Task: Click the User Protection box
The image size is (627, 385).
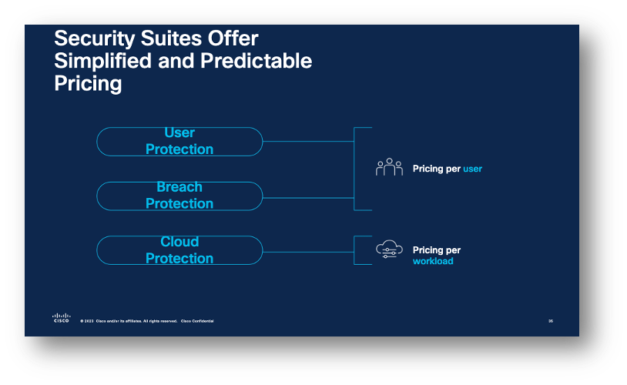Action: tap(179, 142)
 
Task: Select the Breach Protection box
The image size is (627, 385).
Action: tap(179, 196)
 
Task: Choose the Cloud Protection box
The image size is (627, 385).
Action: tap(179, 250)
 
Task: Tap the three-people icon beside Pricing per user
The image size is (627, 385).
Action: tap(389, 167)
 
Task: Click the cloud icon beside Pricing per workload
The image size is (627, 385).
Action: tap(389, 249)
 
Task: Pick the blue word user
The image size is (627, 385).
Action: tap(472, 169)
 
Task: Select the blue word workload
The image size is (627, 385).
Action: tap(433, 261)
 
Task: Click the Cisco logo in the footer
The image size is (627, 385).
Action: tap(61, 318)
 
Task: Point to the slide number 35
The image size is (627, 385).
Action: tap(551, 320)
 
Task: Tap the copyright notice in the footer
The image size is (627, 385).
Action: tap(146, 320)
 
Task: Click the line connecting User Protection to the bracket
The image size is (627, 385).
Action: tap(308, 142)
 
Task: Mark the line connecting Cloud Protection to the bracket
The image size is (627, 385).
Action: tap(308, 251)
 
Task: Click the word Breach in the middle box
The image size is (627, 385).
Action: tap(179, 187)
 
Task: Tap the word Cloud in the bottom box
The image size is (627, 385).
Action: tap(179, 242)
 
